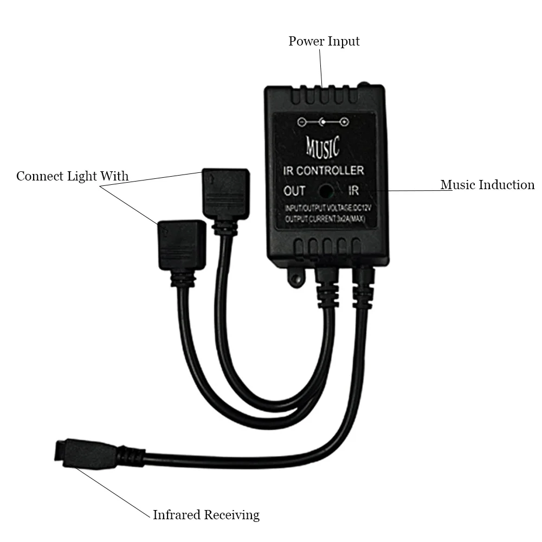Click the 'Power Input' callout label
click(x=324, y=41)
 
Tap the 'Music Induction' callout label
click(x=487, y=185)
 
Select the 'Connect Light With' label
click(x=73, y=176)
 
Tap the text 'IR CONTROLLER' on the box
click(x=324, y=171)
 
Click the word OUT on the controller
click(x=294, y=191)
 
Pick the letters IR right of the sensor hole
click(x=354, y=191)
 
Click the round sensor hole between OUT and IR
click(x=326, y=191)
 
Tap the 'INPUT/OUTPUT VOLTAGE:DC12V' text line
click(x=324, y=209)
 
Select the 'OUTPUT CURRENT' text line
click(x=324, y=219)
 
